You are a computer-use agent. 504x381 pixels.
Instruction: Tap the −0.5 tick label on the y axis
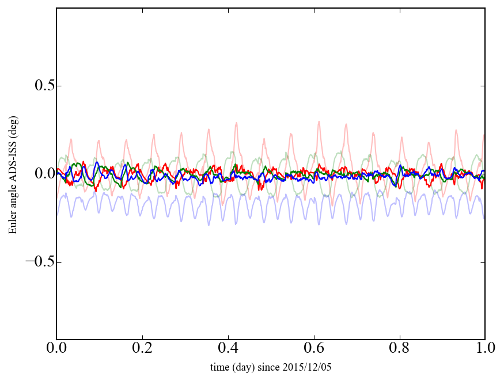coord(37,262)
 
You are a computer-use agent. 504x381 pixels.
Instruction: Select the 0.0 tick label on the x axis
coord(56,348)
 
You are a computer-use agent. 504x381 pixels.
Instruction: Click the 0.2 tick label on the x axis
coord(142,348)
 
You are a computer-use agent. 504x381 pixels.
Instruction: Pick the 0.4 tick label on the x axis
coord(228,348)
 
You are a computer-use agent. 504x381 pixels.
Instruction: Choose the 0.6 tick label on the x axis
coord(314,348)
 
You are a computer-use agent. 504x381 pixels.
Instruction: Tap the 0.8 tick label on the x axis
coord(399,348)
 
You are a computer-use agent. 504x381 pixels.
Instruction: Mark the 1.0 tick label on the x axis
coord(484,348)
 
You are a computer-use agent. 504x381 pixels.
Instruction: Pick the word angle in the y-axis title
coord(12,201)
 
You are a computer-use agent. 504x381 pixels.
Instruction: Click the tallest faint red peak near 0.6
coord(319,121)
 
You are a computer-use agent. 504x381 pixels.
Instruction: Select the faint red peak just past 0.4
coord(236,123)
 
